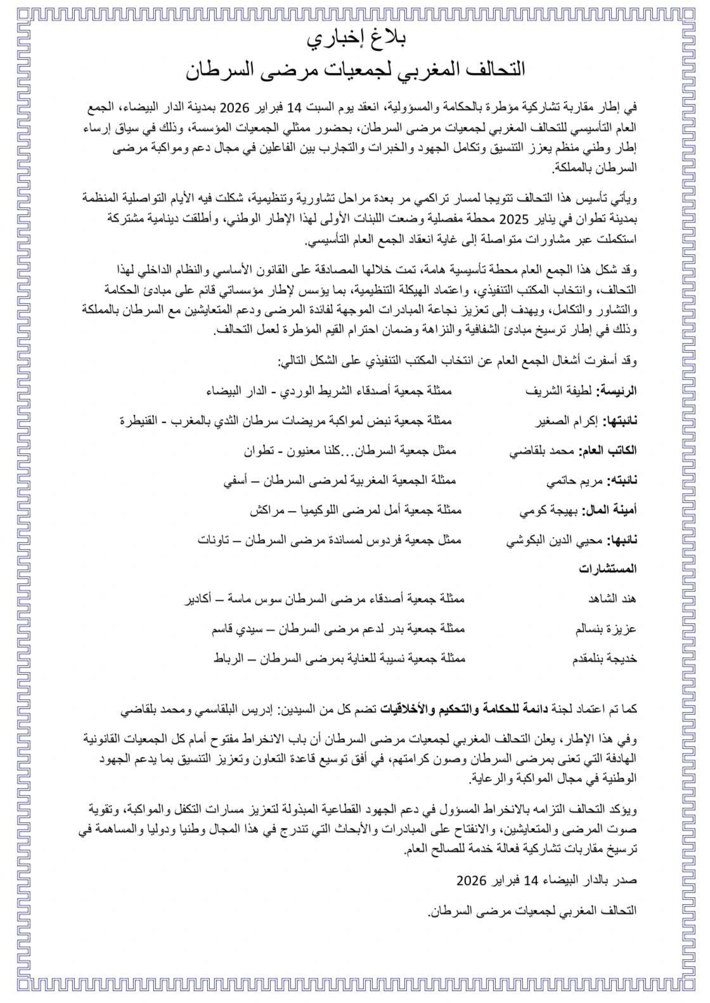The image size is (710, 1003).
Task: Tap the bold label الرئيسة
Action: tap(619, 391)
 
